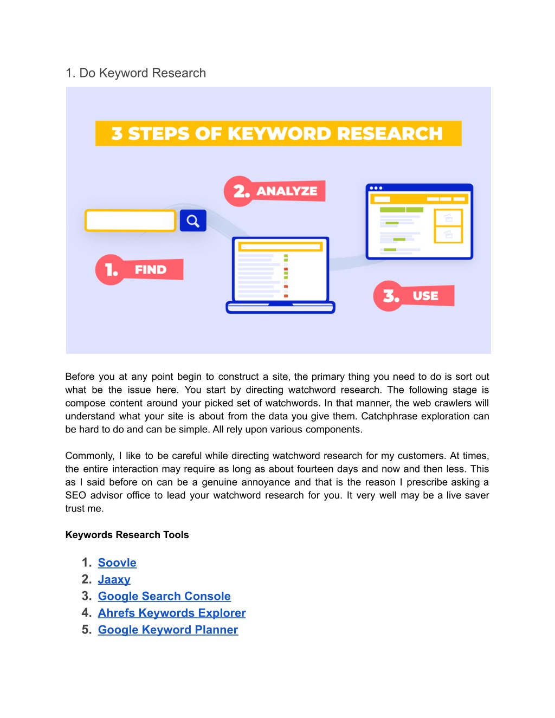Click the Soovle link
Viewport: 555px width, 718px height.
pyautogui.click(x=117, y=562)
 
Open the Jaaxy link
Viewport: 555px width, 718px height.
pyautogui.click(x=114, y=580)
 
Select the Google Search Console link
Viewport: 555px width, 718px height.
pyautogui.click(x=164, y=596)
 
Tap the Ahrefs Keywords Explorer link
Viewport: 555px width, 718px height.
pyautogui.click(x=172, y=613)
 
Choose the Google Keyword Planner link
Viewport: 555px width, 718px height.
pyautogui.click(x=168, y=630)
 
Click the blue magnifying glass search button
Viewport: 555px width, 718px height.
pyautogui.click(x=193, y=221)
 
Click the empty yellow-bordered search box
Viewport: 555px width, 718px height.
pyautogui.click(x=130, y=221)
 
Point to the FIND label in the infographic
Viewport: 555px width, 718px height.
pyautogui.click(x=151, y=270)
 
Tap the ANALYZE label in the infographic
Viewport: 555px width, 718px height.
pyautogui.click(x=287, y=191)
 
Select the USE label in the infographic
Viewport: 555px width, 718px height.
pyautogui.click(x=425, y=296)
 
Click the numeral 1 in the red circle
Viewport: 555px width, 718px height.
pyautogui.click(x=111, y=270)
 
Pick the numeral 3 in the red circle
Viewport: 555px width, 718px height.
pyautogui.click(x=391, y=296)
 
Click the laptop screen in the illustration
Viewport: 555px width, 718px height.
pyautogui.click(x=280, y=270)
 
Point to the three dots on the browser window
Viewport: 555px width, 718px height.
pyautogui.click(x=376, y=188)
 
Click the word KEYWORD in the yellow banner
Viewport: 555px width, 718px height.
pyautogui.click(x=280, y=133)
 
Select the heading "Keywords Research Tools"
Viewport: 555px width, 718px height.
pyautogui.click(x=127, y=535)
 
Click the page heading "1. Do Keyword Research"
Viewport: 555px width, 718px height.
pyautogui.click(x=136, y=73)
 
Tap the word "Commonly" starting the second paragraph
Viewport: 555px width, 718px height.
pyautogui.click(x=89, y=456)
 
